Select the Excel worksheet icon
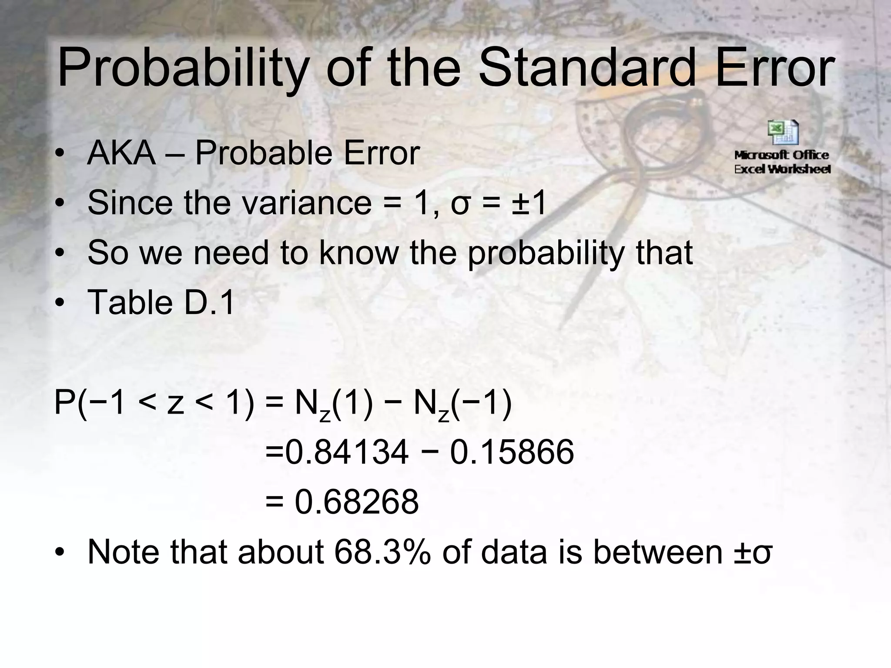pos(783,133)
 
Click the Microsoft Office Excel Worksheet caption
pos(782,162)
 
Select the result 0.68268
pos(357,502)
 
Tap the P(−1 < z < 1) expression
pos(154,403)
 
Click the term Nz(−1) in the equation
pos(462,404)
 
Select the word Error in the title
pos(774,70)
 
